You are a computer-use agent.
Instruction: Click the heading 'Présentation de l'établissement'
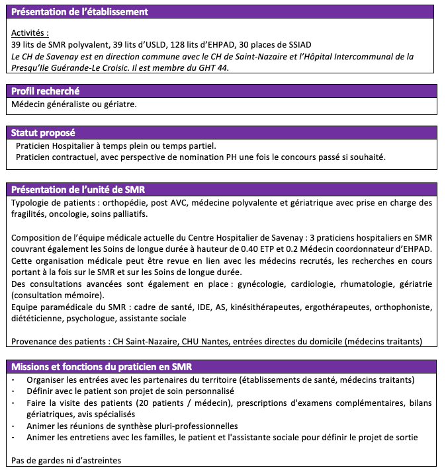click(79, 12)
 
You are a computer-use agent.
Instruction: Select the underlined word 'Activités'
click(30, 32)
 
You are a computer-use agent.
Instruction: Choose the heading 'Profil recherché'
click(46, 91)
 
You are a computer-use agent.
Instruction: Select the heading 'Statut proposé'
click(43, 133)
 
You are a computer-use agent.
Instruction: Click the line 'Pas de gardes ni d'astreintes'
click(67, 460)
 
